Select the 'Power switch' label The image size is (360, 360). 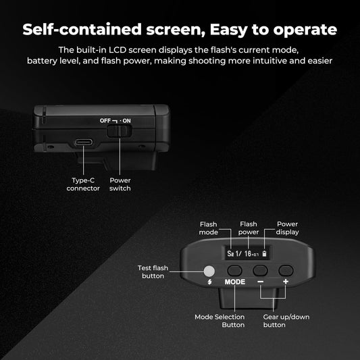point(120,184)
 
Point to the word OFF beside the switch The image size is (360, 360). point(105,120)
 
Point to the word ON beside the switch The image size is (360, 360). point(127,120)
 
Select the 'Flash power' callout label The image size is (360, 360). point(249,228)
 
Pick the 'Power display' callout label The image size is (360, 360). point(287,228)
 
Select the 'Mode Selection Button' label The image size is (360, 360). point(220,320)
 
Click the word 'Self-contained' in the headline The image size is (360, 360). point(83,30)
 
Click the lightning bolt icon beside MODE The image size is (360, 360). point(210,282)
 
